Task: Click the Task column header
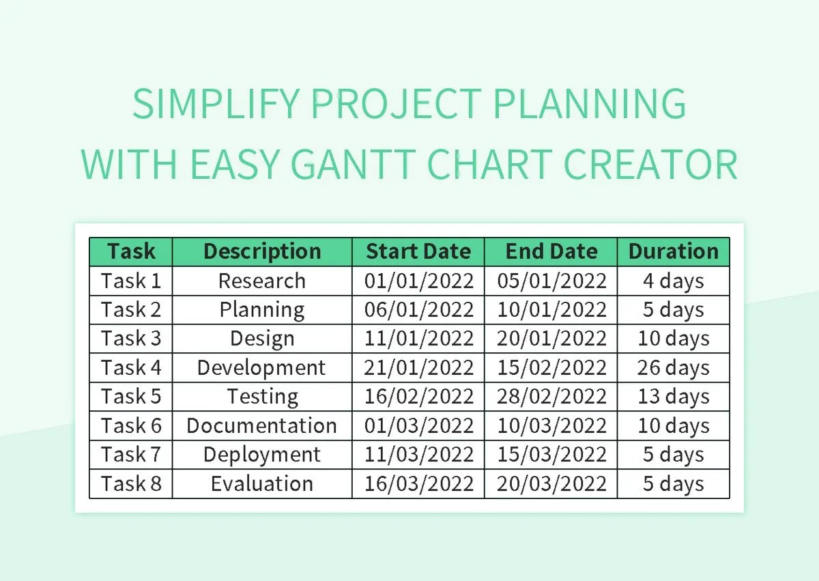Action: click(131, 251)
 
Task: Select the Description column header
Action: click(262, 251)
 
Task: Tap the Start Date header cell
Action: click(418, 251)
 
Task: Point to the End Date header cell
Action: click(551, 251)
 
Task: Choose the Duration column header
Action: click(674, 251)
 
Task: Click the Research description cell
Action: click(262, 281)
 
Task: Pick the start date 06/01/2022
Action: click(418, 309)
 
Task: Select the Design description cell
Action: click(262, 339)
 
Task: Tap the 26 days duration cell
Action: click(674, 367)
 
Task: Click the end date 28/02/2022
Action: click(551, 397)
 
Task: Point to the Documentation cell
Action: click(262, 425)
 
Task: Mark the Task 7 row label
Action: click(131, 455)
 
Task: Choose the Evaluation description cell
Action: click(262, 483)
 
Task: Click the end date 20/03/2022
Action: click(551, 483)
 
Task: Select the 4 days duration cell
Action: click(674, 281)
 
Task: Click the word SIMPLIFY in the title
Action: click(216, 104)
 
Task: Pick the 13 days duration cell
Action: click(674, 397)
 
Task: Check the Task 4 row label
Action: click(131, 367)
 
